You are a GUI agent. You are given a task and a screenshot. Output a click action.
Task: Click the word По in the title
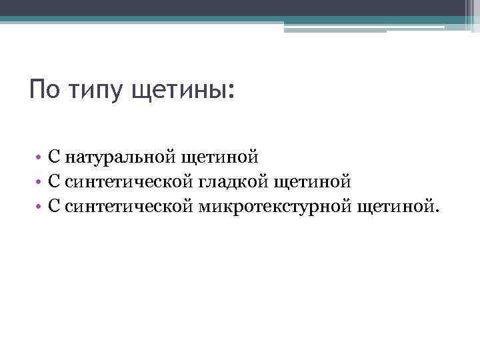45,89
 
